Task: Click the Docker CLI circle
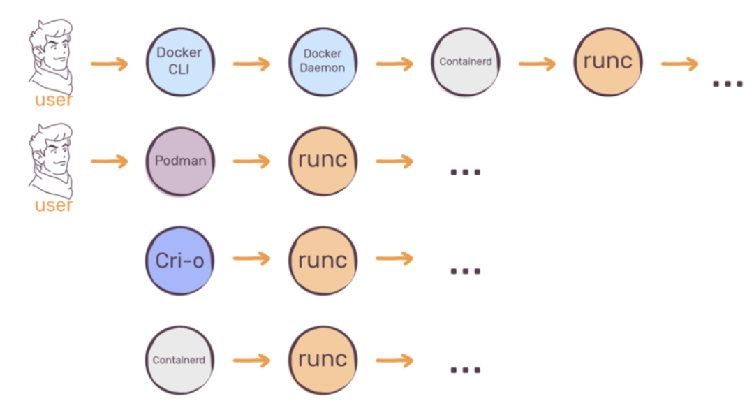[179, 61]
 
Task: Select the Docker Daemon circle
[323, 61]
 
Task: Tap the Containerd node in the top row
[466, 61]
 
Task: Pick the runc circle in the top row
[607, 61]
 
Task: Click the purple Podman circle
[179, 161]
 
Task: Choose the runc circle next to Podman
[323, 161]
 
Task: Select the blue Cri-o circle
[179, 260]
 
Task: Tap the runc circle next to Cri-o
[323, 260]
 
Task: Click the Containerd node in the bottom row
[179, 360]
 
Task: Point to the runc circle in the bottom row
[323, 360]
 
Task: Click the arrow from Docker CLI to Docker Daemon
[251, 64]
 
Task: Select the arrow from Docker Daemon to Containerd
[394, 64]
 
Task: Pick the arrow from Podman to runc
[251, 162]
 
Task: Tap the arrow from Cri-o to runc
[251, 259]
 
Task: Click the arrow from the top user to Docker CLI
[110, 64]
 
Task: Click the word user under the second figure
[54, 205]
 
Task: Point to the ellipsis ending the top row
[727, 83]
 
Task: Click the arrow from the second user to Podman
[110, 162]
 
